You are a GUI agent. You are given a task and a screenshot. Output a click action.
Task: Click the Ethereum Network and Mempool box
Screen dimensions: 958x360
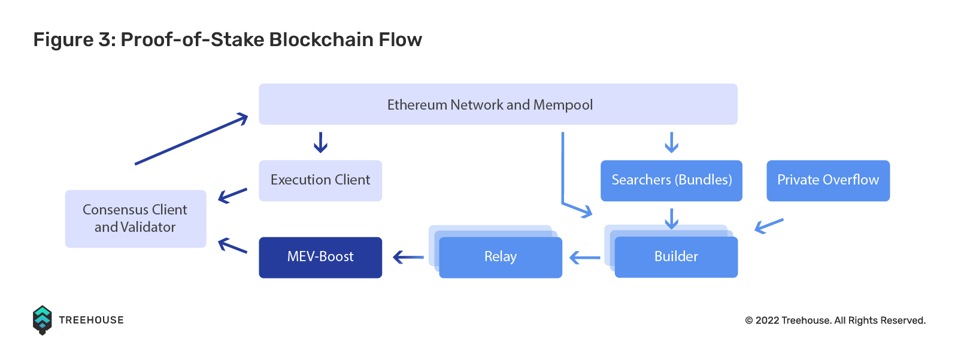[x=498, y=104]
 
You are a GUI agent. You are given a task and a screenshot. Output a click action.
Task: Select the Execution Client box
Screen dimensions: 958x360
[x=320, y=181]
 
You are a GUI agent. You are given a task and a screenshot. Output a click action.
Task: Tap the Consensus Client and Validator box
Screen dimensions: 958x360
[x=135, y=219]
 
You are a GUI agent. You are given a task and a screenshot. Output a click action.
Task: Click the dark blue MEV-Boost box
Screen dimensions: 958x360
[x=320, y=257]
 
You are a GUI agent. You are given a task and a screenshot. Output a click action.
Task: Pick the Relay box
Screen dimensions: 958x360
[x=501, y=257]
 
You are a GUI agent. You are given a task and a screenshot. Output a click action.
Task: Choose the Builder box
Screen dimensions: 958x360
[x=676, y=257]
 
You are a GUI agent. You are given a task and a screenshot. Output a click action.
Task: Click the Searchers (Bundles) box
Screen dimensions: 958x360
[x=671, y=181]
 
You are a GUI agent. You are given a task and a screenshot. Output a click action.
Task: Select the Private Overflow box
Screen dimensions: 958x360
[x=828, y=181]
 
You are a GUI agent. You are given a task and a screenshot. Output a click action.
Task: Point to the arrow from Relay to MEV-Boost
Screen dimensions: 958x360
[x=408, y=257]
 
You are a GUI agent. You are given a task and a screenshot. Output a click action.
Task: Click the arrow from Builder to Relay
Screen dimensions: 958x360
[x=584, y=258]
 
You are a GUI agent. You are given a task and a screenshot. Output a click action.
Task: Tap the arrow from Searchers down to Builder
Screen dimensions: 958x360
[x=671, y=219]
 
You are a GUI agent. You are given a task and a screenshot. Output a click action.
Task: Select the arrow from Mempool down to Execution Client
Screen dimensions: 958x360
[x=320, y=143]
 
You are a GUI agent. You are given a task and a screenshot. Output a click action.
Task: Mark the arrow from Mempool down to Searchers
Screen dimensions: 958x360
[x=671, y=143]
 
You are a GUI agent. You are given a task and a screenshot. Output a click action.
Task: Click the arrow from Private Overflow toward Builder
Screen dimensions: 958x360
[x=769, y=226]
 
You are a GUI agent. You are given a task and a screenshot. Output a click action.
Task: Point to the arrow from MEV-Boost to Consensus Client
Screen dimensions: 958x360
[x=233, y=245]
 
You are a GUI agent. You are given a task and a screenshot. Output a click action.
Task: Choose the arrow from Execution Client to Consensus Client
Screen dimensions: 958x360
[x=233, y=195]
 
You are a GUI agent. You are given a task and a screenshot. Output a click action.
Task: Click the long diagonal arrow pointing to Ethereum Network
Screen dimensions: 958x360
[x=192, y=139]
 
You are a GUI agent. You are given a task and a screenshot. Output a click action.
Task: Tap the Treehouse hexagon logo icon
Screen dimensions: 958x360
[x=43, y=320]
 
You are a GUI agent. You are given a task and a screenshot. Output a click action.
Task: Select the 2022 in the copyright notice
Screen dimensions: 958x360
[x=767, y=320]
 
